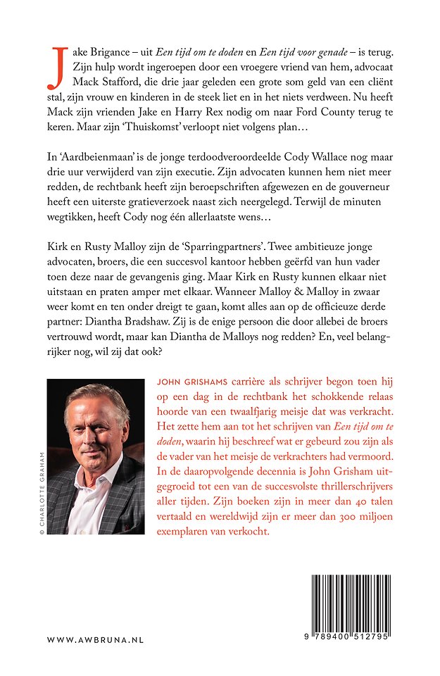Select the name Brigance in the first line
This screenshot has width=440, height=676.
112,53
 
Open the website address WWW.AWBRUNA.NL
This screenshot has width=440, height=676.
95,639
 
